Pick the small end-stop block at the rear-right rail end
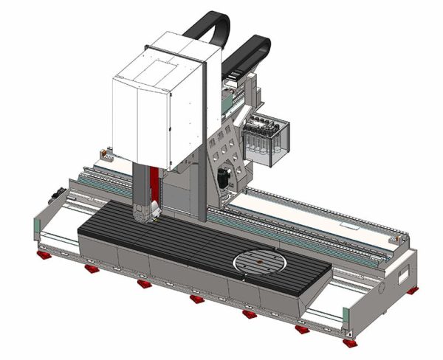point(399,238)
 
